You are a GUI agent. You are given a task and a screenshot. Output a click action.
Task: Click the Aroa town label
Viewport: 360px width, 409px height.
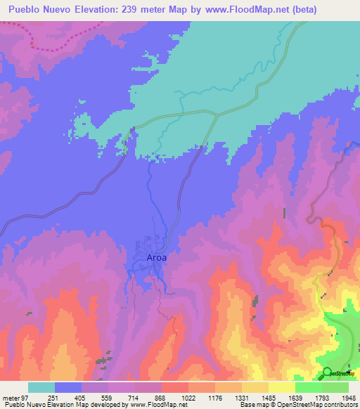click(156, 257)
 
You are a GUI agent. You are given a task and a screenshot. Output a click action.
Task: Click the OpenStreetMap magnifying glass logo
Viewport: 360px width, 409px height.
click(328, 372)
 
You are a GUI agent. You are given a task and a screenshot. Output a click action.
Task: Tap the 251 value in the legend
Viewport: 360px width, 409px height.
click(68, 398)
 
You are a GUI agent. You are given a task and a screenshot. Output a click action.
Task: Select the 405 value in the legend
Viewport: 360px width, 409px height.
click(95, 398)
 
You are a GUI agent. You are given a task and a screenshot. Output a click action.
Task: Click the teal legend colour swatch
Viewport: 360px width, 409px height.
click(41, 387)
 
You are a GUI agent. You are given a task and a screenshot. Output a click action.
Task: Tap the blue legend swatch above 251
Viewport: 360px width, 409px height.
click(68, 387)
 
